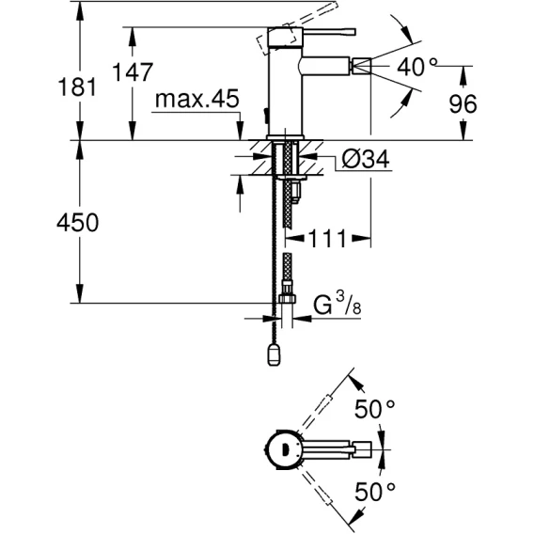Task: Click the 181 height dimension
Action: pos(77,86)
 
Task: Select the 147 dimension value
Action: pos(133,71)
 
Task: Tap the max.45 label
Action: pos(197,99)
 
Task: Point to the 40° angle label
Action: pos(416,66)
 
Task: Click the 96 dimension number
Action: pos(463,103)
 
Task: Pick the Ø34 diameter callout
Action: pos(366,159)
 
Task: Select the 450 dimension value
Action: pos(78,223)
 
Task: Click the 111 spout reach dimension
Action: pos(327,239)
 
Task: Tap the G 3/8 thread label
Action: pos(338,304)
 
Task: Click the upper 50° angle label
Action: pos(374,409)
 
